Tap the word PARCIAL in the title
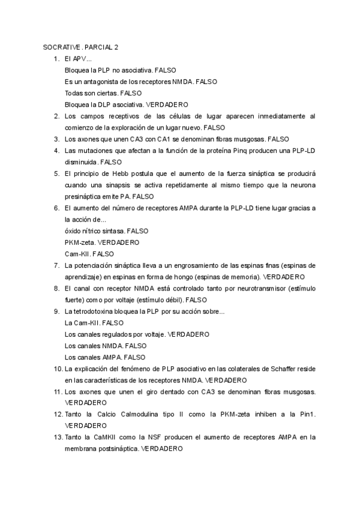[99, 47]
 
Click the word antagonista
[96, 82]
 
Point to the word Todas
[74, 93]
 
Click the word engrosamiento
[180, 265]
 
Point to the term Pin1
[308, 414]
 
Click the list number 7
[56, 265]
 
